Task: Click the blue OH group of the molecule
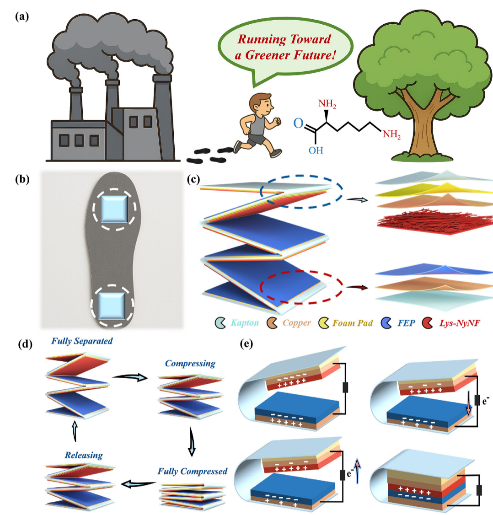click(316, 150)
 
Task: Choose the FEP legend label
click(406, 323)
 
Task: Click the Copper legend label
click(296, 323)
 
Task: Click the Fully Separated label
click(82, 341)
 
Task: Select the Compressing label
click(190, 364)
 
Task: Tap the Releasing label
click(84, 455)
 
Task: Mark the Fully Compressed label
click(193, 471)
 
